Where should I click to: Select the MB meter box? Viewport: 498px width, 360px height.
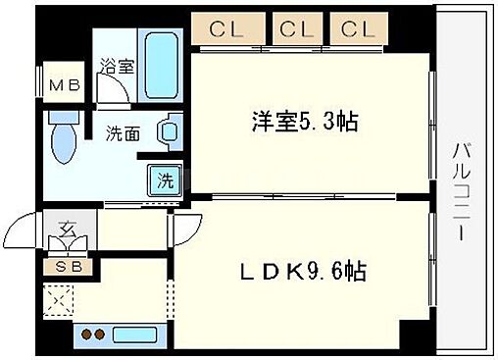tap(65, 84)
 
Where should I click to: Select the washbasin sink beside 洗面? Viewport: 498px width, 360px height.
tap(170, 130)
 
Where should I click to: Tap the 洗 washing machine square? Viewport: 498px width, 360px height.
tap(165, 180)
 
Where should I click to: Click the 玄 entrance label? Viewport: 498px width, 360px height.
tap(68, 231)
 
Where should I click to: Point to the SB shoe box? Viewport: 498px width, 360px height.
tap(61, 264)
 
